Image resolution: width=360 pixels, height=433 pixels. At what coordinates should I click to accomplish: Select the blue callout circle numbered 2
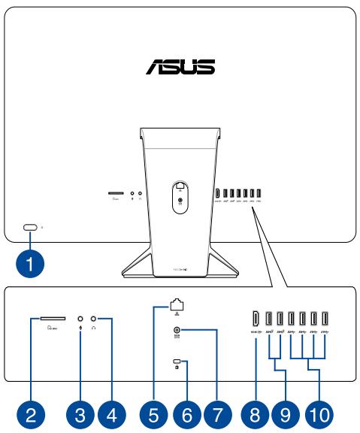[x=30, y=412]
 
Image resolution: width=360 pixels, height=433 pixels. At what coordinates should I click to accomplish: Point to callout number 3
[x=80, y=412]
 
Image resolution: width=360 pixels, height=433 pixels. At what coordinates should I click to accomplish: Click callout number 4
[x=111, y=412]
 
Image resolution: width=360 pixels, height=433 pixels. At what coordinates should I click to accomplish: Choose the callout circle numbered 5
[x=155, y=412]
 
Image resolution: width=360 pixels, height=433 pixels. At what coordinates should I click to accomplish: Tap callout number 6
[x=186, y=412]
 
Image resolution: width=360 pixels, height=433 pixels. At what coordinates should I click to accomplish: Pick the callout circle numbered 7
[x=218, y=412]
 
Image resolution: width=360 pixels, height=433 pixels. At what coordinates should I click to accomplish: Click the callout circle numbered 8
[x=256, y=412]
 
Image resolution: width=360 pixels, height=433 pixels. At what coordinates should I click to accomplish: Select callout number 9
[x=285, y=412]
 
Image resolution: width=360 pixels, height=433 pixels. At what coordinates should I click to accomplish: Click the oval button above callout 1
[x=30, y=227]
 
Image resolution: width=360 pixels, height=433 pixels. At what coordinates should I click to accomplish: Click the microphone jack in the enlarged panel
[x=80, y=319]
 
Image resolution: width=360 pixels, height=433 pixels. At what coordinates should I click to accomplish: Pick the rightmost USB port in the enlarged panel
[x=325, y=318]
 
